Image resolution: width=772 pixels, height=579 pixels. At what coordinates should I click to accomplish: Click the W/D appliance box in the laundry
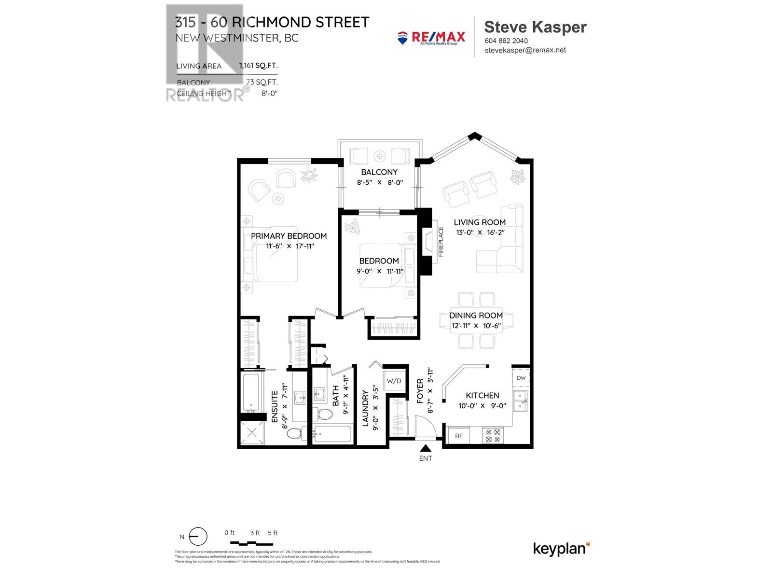[x=394, y=381]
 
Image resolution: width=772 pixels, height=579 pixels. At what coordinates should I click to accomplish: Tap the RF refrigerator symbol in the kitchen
[x=459, y=436]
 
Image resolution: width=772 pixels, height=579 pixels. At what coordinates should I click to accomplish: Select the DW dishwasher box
[x=521, y=378]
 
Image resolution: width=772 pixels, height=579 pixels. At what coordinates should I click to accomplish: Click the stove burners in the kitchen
[x=493, y=436]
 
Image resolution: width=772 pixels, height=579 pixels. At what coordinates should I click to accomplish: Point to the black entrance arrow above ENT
[x=426, y=448]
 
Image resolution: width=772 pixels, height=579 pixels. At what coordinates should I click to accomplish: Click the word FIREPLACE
[x=441, y=242]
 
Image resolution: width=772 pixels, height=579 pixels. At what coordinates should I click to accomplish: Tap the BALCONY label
[x=379, y=172]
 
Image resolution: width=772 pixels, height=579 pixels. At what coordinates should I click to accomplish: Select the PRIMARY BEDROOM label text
[x=289, y=236]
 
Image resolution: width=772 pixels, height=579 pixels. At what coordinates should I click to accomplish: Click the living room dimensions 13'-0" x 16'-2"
[x=480, y=232]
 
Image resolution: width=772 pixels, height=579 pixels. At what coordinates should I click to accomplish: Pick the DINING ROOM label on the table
[x=476, y=315]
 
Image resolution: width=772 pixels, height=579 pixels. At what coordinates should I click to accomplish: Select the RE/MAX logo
[x=431, y=38]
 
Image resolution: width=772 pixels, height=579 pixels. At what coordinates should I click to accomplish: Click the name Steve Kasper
[x=535, y=27]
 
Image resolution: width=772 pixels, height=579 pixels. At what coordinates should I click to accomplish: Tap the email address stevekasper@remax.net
[x=525, y=50]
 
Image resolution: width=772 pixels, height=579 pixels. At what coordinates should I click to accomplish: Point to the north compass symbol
[x=197, y=537]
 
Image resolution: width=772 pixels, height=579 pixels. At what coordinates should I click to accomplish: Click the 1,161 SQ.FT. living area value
[x=259, y=66]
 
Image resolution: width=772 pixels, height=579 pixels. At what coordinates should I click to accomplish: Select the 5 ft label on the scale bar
[x=273, y=533]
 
